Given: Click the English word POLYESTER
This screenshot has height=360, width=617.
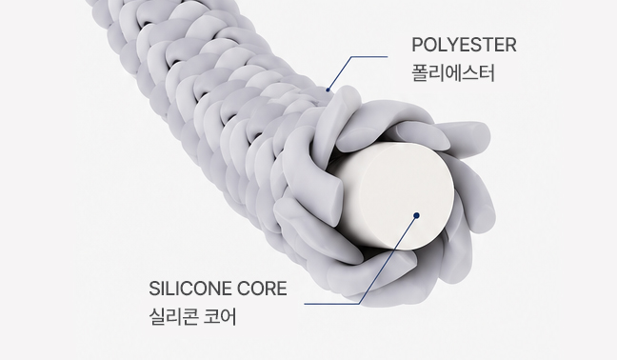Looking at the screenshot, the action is point(464,45).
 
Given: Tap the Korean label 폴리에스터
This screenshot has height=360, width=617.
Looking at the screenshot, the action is point(453,73).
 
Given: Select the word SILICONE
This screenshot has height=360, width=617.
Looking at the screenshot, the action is point(190,290).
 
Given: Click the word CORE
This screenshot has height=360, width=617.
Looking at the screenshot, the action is point(262,290).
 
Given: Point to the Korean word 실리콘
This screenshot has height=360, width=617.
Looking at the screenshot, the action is point(173,317).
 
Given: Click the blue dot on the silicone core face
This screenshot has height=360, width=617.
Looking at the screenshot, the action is point(417,215).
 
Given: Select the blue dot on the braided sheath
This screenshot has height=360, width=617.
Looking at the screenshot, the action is point(328,90).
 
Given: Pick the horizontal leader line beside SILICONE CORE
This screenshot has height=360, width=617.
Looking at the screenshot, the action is point(331,304).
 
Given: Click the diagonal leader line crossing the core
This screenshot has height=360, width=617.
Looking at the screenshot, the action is point(388,260).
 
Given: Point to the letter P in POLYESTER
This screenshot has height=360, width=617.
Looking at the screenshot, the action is point(417,45).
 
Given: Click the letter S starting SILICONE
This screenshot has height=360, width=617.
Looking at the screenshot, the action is point(154,290).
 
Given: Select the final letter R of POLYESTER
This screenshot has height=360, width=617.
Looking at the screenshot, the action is point(510,45).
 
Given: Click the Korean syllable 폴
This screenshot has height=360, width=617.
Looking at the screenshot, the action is point(420,73).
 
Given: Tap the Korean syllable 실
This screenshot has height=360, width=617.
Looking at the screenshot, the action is point(157,317).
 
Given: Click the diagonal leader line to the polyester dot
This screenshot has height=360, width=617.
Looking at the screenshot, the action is point(339,73).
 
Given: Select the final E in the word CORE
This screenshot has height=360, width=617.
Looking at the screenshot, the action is point(282,290).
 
